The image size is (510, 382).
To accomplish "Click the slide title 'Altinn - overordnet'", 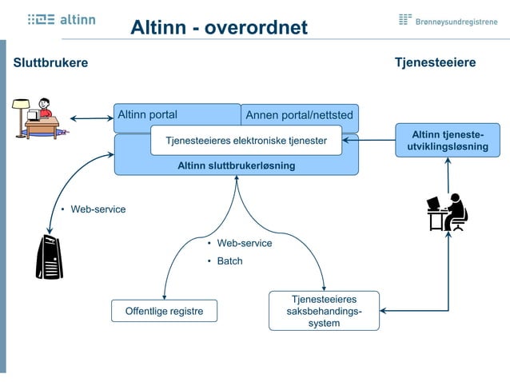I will point(219,27).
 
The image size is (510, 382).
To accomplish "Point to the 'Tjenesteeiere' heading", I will point(435,62).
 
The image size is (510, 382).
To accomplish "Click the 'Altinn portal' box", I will point(149,114).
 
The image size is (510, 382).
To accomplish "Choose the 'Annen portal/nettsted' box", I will point(299,115).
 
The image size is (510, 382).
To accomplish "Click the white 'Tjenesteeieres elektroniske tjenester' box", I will point(246,141).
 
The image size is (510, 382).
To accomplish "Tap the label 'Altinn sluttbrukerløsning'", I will point(236,165).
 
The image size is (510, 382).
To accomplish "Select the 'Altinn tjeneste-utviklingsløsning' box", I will point(448,140).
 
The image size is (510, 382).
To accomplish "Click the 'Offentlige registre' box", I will point(164,311).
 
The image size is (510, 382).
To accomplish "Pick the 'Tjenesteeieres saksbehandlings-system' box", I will point(324,311).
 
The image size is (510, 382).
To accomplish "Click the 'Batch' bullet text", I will point(229,261).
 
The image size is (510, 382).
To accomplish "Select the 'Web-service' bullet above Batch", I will point(244,243).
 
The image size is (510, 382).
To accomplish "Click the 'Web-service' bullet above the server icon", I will point(98,209).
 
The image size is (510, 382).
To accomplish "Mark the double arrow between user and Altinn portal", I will point(91,120).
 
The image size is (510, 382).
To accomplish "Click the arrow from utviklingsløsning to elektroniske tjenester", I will point(369,141).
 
